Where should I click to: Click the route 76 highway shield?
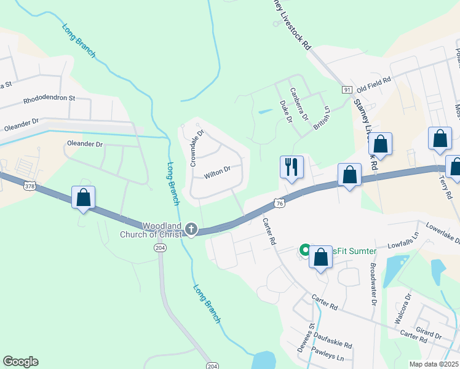(279, 204)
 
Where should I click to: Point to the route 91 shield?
(347, 90)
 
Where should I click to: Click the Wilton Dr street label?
(217, 172)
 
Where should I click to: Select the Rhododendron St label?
(49, 98)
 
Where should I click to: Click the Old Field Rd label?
(374, 81)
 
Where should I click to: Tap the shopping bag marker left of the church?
(83, 198)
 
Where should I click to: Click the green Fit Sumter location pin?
(304, 250)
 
